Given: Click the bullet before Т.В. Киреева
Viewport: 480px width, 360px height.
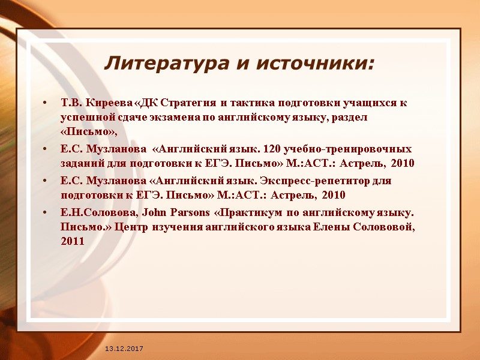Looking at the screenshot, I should (47, 103).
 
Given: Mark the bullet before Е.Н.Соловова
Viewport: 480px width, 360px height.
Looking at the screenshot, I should (47, 213).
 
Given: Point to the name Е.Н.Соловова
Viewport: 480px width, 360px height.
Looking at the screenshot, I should (90, 212).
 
